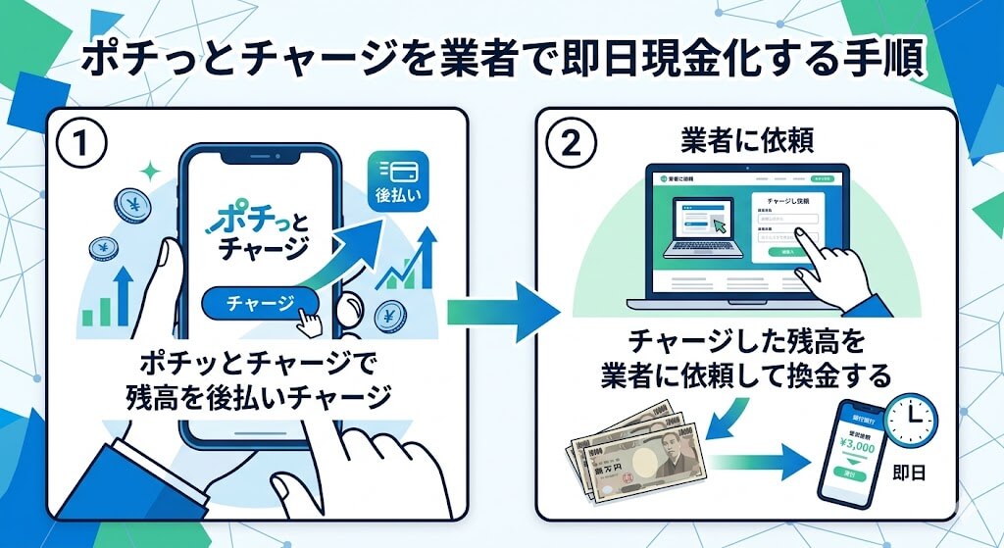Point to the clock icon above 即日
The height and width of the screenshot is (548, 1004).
(x=911, y=420)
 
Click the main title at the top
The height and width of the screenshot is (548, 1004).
(x=501, y=61)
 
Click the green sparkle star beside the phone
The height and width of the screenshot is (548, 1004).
(x=150, y=172)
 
